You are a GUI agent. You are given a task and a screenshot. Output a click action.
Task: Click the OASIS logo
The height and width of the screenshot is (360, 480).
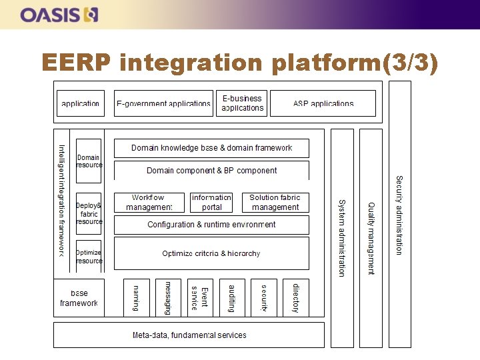pyautogui.click(x=59, y=14)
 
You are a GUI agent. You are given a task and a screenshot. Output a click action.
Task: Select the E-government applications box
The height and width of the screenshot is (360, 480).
pyautogui.click(x=163, y=103)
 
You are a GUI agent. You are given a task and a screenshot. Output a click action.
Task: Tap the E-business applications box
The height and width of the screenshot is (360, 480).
pyautogui.click(x=241, y=103)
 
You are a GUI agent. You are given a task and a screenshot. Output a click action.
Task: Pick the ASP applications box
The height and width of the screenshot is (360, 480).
pyautogui.click(x=323, y=103)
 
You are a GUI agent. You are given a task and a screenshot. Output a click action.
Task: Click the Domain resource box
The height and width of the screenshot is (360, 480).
pyautogui.click(x=89, y=161)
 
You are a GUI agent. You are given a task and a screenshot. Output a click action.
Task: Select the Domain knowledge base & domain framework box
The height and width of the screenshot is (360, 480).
pyautogui.click(x=211, y=148)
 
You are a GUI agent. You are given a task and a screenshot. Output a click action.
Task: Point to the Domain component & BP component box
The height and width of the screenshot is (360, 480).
pyautogui.click(x=211, y=171)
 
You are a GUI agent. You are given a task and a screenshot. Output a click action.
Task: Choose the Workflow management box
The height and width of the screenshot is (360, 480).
pyautogui.click(x=148, y=202)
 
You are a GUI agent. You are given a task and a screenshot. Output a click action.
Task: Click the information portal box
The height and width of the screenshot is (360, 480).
pyautogui.click(x=211, y=202)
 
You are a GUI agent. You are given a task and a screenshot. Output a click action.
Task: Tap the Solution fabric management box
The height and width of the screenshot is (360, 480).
pyautogui.click(x=275, y=202)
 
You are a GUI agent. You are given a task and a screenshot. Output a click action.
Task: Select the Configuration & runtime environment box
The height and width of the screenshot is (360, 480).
pyautogui.click(x=211, y=225)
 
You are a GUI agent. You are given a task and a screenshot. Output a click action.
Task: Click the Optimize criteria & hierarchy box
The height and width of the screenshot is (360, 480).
pyautogui.click(x=211, y=253)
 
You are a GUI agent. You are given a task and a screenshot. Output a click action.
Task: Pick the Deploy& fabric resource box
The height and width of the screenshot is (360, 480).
pyautogui.click(x=89, y=213)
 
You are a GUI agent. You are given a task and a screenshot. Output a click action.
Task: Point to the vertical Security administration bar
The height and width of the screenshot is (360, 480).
pyautogui.click(x=399, y=214)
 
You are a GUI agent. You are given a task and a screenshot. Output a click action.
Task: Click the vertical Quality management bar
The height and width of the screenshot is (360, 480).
pyautogui.click(x=371, y=237)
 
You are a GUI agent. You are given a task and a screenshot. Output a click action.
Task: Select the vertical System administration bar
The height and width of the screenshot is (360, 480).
pyautogui.click(x=342, y=237)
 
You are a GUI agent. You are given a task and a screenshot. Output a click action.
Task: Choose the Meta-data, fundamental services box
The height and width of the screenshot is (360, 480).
pyautogui.click(x=189, y=335)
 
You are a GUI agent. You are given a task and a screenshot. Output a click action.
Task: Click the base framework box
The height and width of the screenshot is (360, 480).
pyautogui.click(x=79, y=297)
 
